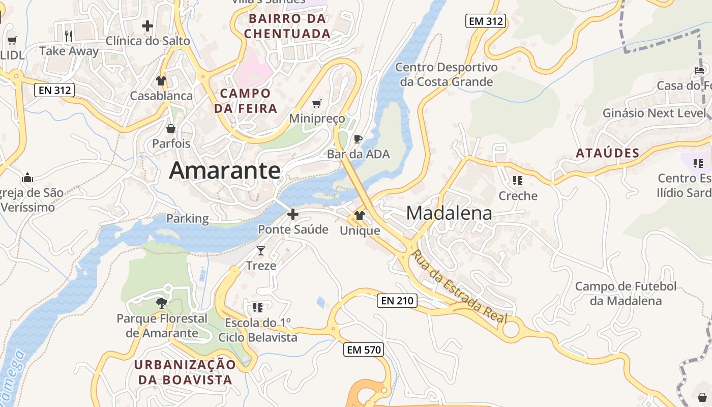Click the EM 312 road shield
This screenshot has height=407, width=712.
(485, 21)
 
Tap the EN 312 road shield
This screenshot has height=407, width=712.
(54, 91)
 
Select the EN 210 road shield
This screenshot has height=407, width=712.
(397, 301)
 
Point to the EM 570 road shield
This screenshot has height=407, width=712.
(363, 350)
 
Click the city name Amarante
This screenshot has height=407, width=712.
(225, 170)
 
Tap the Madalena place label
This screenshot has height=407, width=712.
(449, 213)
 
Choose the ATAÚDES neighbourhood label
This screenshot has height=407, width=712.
(607, 153)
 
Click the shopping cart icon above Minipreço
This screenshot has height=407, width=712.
(317, 104)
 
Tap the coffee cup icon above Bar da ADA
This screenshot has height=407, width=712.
(358, 139)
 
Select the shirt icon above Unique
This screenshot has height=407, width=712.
(360, 216)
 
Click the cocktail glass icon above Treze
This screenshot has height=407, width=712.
(261, 250)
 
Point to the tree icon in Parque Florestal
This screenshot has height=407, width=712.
(162, 304)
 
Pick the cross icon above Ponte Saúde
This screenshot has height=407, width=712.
(292, 214)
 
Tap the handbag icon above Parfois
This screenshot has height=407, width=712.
(171, 129)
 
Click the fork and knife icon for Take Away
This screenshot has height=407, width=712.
(69, 36)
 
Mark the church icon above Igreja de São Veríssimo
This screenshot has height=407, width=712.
(27, 178)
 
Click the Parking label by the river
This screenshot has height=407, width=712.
(188, 219)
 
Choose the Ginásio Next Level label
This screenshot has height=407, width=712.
(655, 113)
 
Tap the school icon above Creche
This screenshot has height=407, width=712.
(518, 181)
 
